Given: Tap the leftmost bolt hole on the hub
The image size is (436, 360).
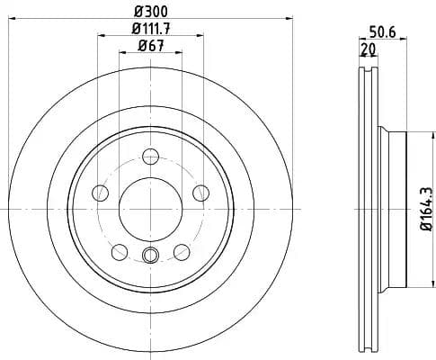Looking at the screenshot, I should coord(101,193).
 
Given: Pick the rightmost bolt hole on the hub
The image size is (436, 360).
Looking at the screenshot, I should coord(200,193).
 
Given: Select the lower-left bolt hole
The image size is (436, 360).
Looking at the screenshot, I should coord(120,251).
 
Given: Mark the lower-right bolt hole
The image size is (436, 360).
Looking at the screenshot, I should coord(182,251).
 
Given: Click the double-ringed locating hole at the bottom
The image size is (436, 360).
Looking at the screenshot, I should coord(150,255).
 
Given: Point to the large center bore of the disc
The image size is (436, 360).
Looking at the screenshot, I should coord(150,208).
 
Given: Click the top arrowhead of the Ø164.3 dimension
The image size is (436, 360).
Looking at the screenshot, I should coord(417,133).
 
